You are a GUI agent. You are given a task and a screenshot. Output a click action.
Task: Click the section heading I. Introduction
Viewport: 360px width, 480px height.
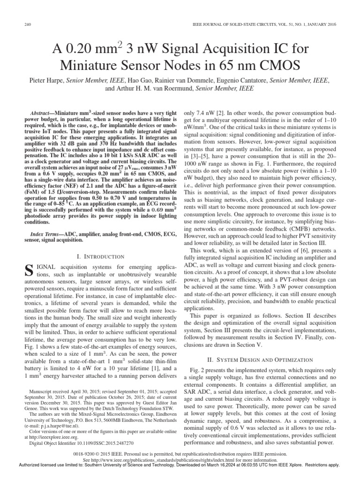(x=100, y=256)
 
